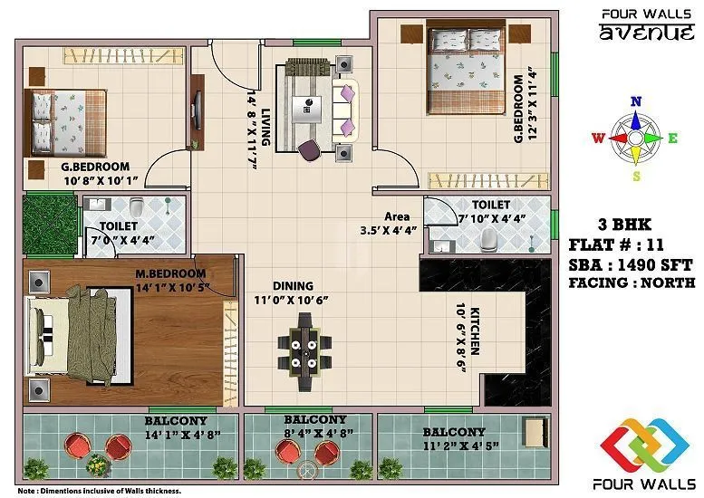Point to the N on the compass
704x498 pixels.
(636, 101)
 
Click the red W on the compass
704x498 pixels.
(597, 139)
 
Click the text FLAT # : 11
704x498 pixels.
(617, 244)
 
